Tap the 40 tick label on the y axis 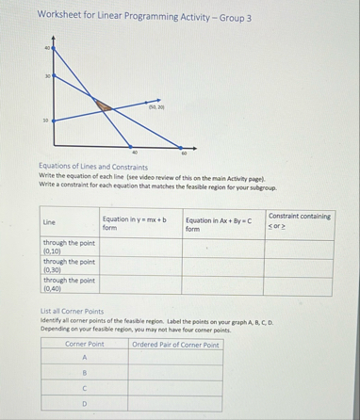(x=43, y=46)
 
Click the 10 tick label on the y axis (x=43, y=120)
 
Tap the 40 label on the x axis (x=136, y=153)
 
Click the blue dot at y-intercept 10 (x=53, y=120)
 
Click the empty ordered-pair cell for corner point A (x=176, y=358)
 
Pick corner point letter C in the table (x=85, y=388)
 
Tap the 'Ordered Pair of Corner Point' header (x=176, y=345)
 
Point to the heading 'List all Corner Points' (x=72, y=311)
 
